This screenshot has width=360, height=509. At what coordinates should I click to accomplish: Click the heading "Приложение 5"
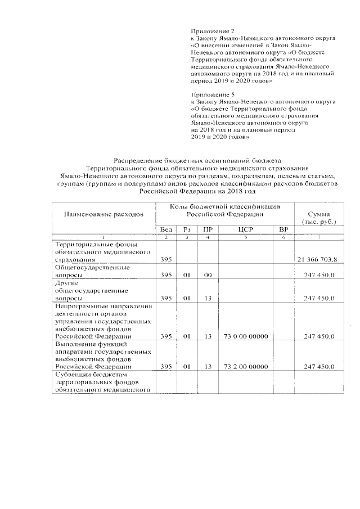point(212,94)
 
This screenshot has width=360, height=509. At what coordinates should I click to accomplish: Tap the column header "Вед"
point(166,229)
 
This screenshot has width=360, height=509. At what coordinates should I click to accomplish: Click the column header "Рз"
point(187,229)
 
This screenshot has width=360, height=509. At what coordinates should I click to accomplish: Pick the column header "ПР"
point(208,229)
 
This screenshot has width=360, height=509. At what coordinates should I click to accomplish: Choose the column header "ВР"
point(283,229)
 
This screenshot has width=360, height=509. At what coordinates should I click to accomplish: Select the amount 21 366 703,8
point(317,259)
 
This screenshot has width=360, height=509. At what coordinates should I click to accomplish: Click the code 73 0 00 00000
point(245,336)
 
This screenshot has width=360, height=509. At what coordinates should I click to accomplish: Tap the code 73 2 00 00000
point(245,366)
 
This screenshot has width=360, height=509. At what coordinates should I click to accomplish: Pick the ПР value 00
point(208,274)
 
